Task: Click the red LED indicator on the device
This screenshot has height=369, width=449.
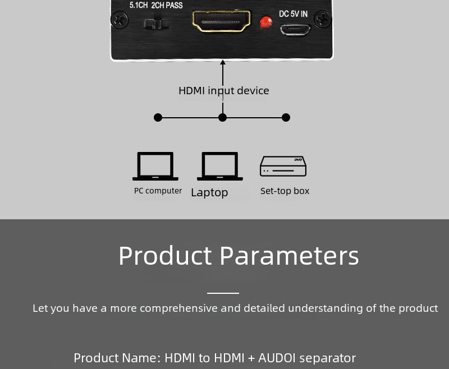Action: (265, 22)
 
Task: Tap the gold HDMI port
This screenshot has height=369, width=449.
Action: (221, 21)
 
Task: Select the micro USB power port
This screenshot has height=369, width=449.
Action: (295, 30)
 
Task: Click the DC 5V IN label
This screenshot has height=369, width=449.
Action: (293, 13)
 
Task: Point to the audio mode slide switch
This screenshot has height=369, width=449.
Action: (157, 24)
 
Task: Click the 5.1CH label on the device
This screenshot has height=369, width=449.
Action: (138, 5)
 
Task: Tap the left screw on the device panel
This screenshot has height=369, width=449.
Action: (120, 20)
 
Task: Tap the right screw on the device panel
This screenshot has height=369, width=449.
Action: (322, 19)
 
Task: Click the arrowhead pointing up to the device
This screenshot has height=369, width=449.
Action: (223, 62)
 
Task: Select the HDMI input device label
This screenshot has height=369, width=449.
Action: (223, 91)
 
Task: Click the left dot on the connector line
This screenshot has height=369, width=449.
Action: (158, 118)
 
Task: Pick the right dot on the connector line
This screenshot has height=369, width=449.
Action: (286, 118)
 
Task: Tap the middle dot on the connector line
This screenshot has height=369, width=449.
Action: (222, 118)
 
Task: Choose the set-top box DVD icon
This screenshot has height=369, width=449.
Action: (283, 166)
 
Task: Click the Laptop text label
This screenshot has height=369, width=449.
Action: (209, 192)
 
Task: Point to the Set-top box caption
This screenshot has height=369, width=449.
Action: (285, 191)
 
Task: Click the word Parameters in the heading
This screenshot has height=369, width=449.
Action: (289, 256)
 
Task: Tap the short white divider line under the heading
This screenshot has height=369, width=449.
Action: (223, 293)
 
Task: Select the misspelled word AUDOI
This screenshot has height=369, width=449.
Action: (277, 358)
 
